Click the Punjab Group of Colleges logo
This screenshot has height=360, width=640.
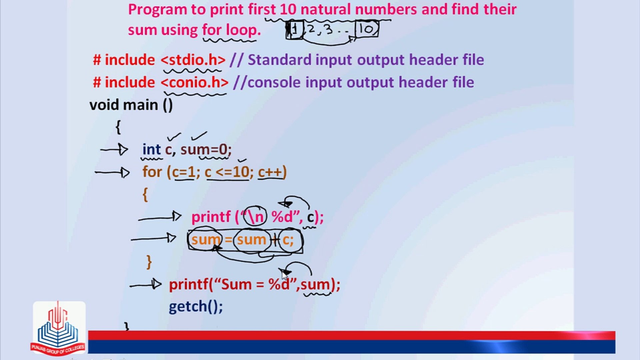[59, 328]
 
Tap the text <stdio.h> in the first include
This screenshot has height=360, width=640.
[193, 60]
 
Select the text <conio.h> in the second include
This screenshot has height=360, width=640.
[195, 82]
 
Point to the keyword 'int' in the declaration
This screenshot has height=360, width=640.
[151, 149]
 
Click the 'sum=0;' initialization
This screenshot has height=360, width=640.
[206, 149]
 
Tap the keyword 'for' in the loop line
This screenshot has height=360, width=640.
[152, 172]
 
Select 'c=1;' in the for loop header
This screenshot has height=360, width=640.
[186, 172]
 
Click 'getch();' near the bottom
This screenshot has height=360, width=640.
[196, 307]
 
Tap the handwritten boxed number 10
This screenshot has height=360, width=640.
[367, 29]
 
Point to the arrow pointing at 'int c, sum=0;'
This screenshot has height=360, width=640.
[114, 150]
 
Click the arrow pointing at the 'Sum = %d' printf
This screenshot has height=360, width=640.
[145, 285]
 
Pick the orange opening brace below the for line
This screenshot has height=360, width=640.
[145, 195]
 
